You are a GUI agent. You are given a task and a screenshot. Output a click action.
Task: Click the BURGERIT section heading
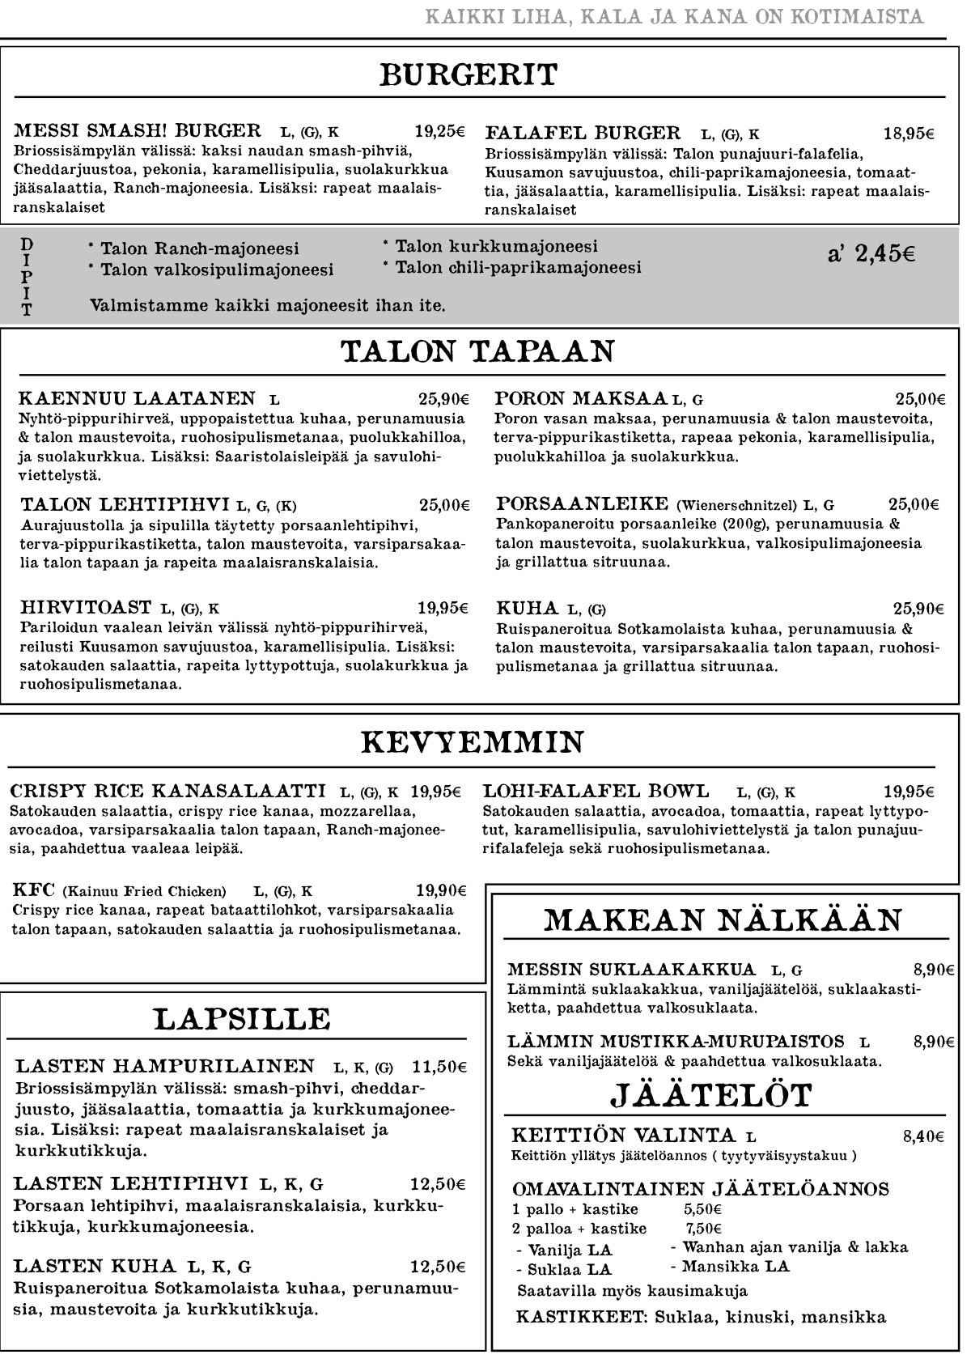coord(469,75)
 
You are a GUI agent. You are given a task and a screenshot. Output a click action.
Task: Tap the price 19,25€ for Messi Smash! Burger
coord(439,131)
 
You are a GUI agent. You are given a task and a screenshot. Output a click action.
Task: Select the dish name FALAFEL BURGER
coord(583,133)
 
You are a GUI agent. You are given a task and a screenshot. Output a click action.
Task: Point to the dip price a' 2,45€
coord(871,254)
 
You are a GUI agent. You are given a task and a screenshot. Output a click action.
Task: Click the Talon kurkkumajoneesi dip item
coord(495,247)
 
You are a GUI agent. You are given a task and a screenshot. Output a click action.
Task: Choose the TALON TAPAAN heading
coord(477,352)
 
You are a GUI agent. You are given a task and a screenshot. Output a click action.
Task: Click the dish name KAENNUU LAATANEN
coord(138,398)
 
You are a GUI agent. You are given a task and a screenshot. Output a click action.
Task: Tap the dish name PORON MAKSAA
coord(581,398)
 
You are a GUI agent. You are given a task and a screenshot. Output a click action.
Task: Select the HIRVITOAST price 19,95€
coord(443,608)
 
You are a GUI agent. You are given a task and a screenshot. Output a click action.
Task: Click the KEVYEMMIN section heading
coord(472,742)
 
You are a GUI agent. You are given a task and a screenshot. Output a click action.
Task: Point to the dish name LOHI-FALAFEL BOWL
coord(596,791)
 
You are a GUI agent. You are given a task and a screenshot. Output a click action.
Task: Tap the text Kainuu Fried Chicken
coord(145,892)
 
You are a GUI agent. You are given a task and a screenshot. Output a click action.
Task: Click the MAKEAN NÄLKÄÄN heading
coord(723,920)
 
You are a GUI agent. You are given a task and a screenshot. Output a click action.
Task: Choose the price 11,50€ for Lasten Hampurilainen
coord(439,1066)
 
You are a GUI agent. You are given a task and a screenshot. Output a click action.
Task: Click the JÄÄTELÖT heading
coord(710,1095)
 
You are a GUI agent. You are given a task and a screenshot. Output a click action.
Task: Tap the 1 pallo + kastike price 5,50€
coord(702,1210)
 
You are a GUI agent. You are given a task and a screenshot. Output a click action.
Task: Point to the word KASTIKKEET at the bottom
coord(582,1317)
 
